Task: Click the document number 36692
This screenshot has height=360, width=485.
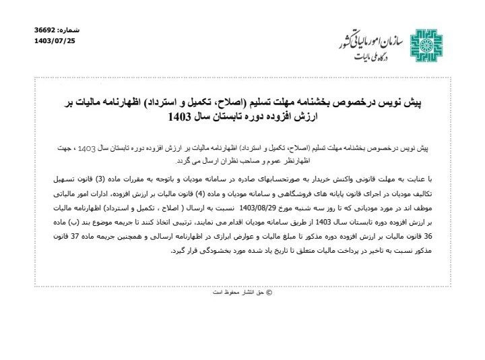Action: click(x=46, y=31)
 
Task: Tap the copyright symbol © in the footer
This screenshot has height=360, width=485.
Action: click(x=270, y=292)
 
